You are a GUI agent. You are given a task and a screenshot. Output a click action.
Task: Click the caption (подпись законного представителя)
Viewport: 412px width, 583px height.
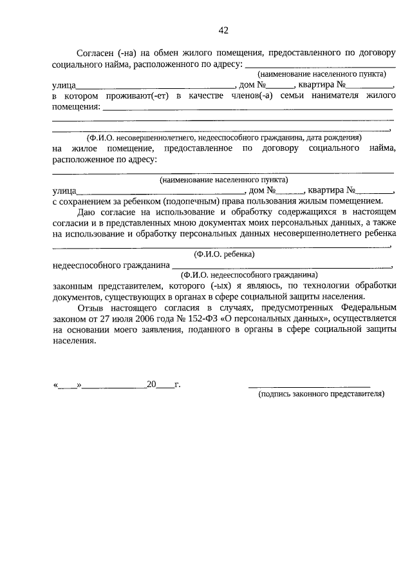(x=320, y=394)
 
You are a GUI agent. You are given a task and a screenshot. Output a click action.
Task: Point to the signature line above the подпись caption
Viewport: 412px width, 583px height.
(x=318, y=386)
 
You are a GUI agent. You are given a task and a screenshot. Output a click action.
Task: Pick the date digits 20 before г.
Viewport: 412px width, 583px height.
(x=152, y=385)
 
